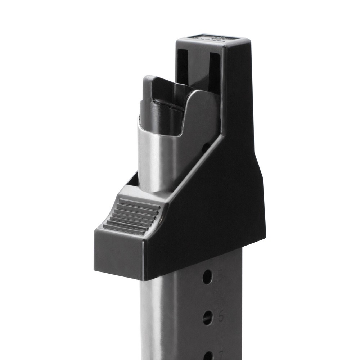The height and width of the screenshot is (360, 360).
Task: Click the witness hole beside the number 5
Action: tap(207, 276)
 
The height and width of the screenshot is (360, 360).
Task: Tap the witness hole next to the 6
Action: tap(208, 317)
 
